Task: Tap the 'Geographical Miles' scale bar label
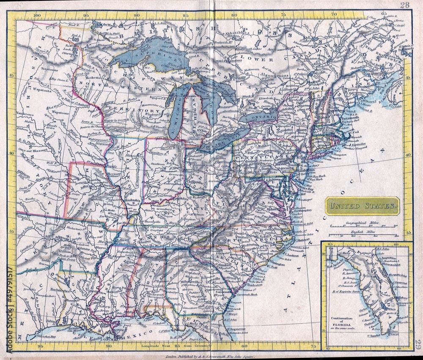pyautogui.click(x=363, y=222)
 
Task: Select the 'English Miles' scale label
pyautogui.click(x=363, y=232)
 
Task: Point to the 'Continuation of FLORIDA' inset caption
pyautogui.click(x=343, y=322)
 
